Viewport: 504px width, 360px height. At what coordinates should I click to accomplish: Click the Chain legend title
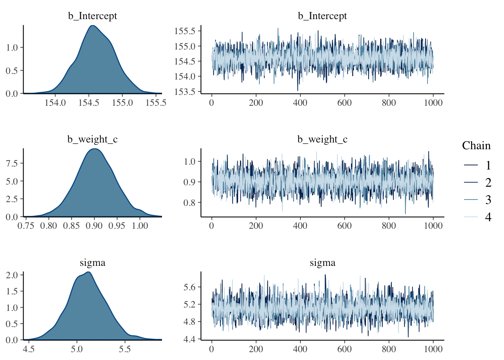point(476,145)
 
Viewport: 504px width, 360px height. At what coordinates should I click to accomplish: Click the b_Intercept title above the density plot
point(92,16)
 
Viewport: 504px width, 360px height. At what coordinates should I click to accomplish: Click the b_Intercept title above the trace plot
point(322,16)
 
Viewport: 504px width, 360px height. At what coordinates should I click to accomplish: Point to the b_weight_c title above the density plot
point(92,139)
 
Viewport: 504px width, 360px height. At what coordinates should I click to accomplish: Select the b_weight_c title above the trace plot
point(322,139)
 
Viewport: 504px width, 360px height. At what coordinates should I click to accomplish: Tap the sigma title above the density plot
point(92,263)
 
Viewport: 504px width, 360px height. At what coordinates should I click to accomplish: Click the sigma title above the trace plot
point(322,263)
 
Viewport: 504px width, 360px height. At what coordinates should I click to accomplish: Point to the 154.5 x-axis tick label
point(89,103)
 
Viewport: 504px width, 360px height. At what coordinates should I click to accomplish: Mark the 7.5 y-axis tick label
point(12,163)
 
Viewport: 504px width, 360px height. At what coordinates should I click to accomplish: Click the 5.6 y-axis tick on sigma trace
point(190,287)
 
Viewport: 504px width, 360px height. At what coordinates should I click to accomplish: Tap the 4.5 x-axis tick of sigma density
point(28,349)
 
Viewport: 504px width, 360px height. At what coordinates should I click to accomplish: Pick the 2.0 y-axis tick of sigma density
point(12,275)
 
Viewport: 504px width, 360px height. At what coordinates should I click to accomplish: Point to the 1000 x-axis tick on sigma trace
point(433,349)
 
